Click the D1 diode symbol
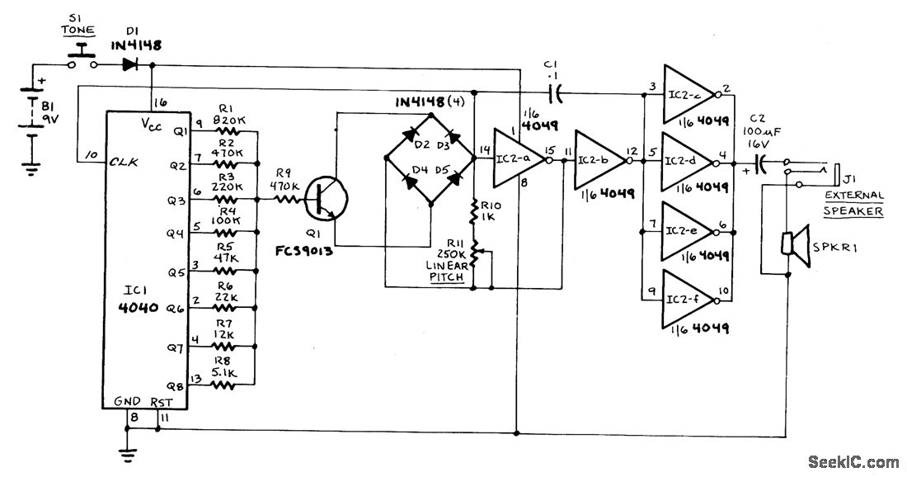129,64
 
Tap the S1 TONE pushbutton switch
81,54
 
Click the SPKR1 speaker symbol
792,244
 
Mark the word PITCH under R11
446,279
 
